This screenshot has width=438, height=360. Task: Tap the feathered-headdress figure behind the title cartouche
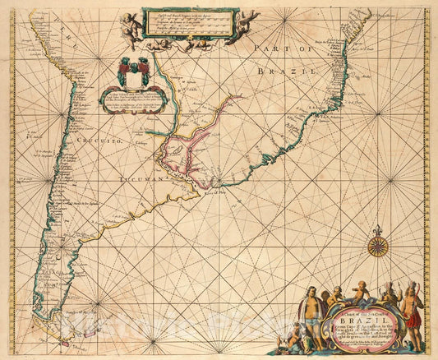[x=386, y=295]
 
